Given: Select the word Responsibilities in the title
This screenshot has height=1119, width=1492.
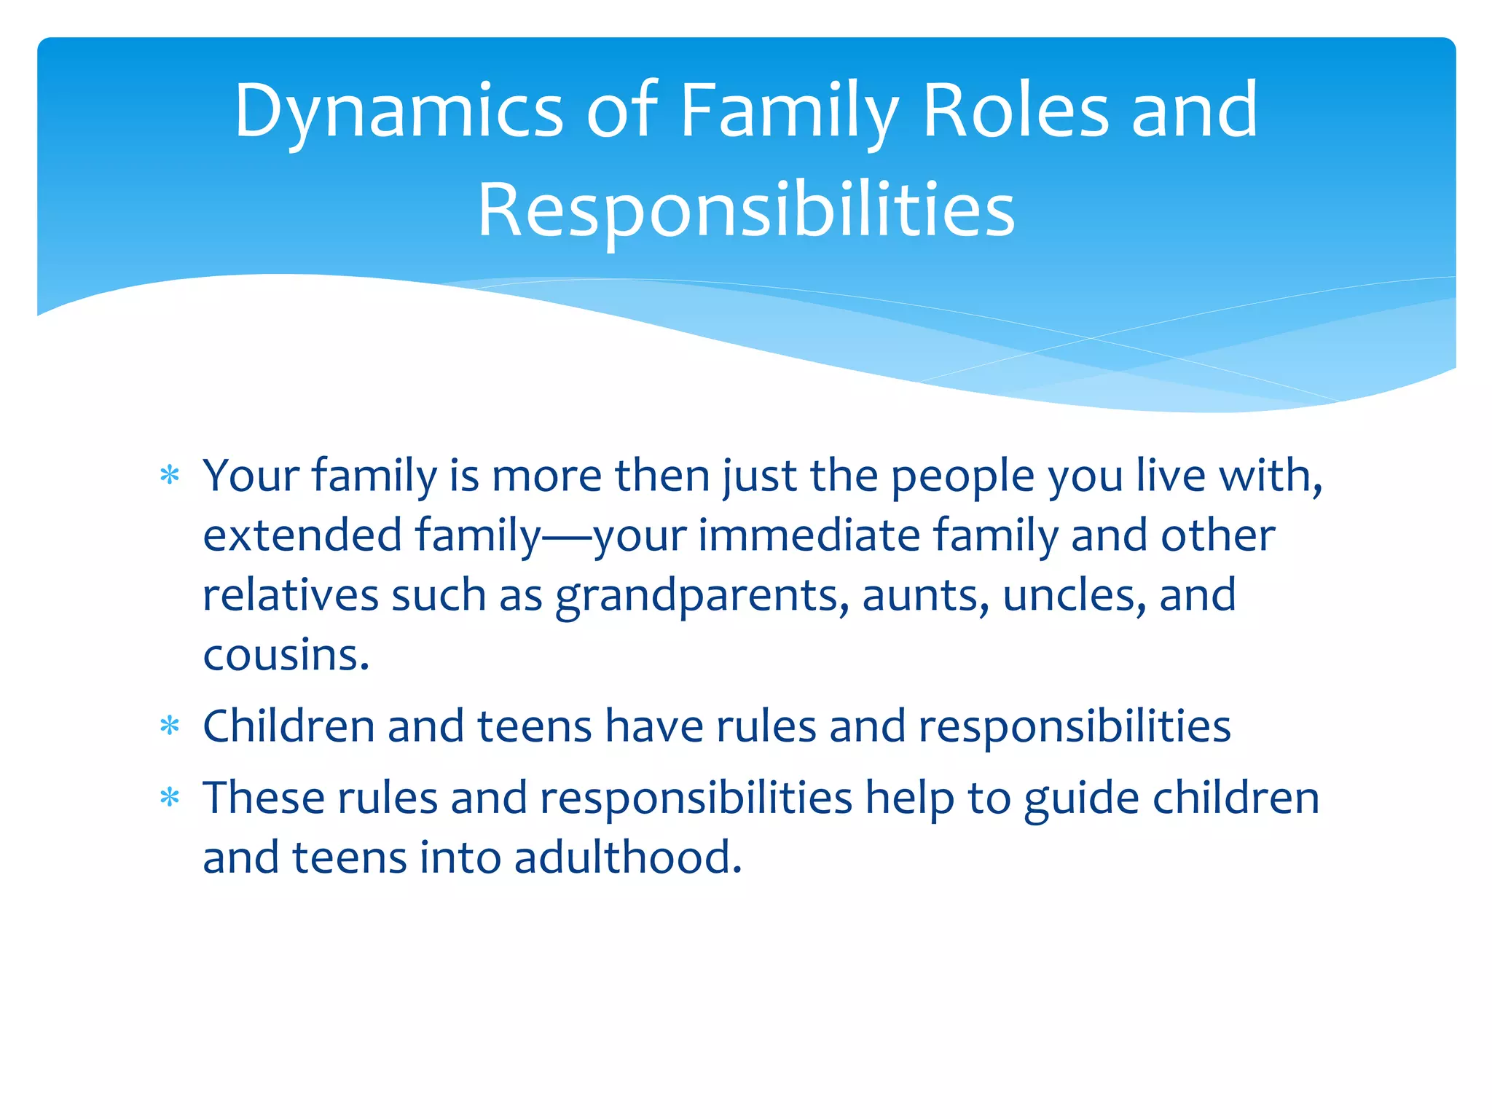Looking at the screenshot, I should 746,211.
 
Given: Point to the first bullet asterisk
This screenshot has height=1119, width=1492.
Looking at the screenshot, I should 170,476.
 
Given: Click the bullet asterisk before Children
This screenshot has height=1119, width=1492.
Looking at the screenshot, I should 170,726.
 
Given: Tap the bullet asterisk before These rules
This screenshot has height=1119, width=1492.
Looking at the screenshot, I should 170,798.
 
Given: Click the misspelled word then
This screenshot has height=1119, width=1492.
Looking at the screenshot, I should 662,476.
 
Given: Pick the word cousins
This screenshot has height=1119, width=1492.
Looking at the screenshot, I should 286,655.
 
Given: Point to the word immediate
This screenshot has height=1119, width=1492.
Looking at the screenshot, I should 809,536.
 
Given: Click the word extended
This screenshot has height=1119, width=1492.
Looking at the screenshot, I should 302,536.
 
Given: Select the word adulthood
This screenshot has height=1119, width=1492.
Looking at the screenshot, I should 627,857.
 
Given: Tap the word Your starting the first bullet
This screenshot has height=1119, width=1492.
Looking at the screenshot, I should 251,476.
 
